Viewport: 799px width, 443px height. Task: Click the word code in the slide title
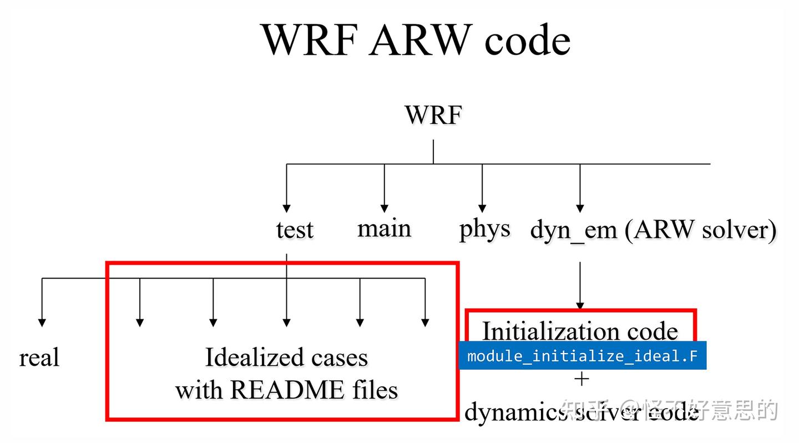pos(527,40)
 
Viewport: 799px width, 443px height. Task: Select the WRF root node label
pos(433,115)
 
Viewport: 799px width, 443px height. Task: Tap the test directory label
pos(295,229)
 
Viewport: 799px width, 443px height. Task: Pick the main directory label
pos(384,228)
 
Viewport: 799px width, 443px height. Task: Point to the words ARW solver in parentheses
pos(701,229)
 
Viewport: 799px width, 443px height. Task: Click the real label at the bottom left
pos(39,357)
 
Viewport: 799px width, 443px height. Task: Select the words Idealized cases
pos(286,357)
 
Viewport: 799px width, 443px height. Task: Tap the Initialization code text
pos(580,331)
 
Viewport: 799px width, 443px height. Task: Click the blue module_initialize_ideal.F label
pos(582,355)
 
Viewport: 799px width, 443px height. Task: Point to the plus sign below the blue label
pos(581,379)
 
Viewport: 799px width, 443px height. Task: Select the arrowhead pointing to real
pos(42,322)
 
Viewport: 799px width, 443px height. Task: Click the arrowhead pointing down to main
pos(384,209)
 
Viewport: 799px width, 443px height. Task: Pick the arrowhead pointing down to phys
pos(482,209)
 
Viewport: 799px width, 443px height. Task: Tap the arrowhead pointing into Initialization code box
pos(580,306)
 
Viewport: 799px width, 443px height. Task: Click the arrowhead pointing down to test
pos(287,209)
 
